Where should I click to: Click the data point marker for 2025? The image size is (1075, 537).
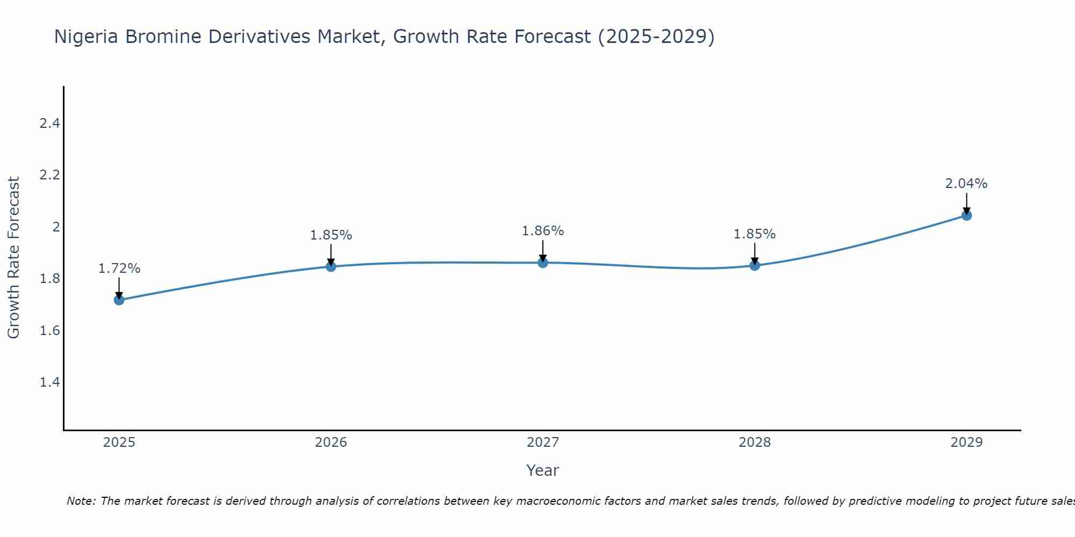click(119, 300)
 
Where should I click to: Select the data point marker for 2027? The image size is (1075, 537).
click(543, 263)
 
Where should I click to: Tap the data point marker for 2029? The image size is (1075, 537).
click(966, 215)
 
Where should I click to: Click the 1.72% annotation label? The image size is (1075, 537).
click(119, 268)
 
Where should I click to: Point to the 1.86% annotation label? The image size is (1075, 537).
click(543, 231)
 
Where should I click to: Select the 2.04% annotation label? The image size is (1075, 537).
click(966, 184)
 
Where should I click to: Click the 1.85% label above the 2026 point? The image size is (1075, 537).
click(331, 235)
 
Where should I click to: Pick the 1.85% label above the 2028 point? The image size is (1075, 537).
click(755, 234)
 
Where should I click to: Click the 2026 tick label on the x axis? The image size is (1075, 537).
click(331, 442)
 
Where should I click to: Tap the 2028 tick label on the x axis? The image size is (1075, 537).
click(755, 442)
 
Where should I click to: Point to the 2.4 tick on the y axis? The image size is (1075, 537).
click(49, 124)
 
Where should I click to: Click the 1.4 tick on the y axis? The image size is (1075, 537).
click(49, 382)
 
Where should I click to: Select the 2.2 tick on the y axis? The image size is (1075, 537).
click(49, 175)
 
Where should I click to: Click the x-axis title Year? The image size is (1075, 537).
click(543, 470)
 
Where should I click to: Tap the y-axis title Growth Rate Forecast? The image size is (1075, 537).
click(13, 258)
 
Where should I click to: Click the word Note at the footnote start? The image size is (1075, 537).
click(81, 501)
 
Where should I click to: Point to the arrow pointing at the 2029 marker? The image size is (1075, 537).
click(966, 203)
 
